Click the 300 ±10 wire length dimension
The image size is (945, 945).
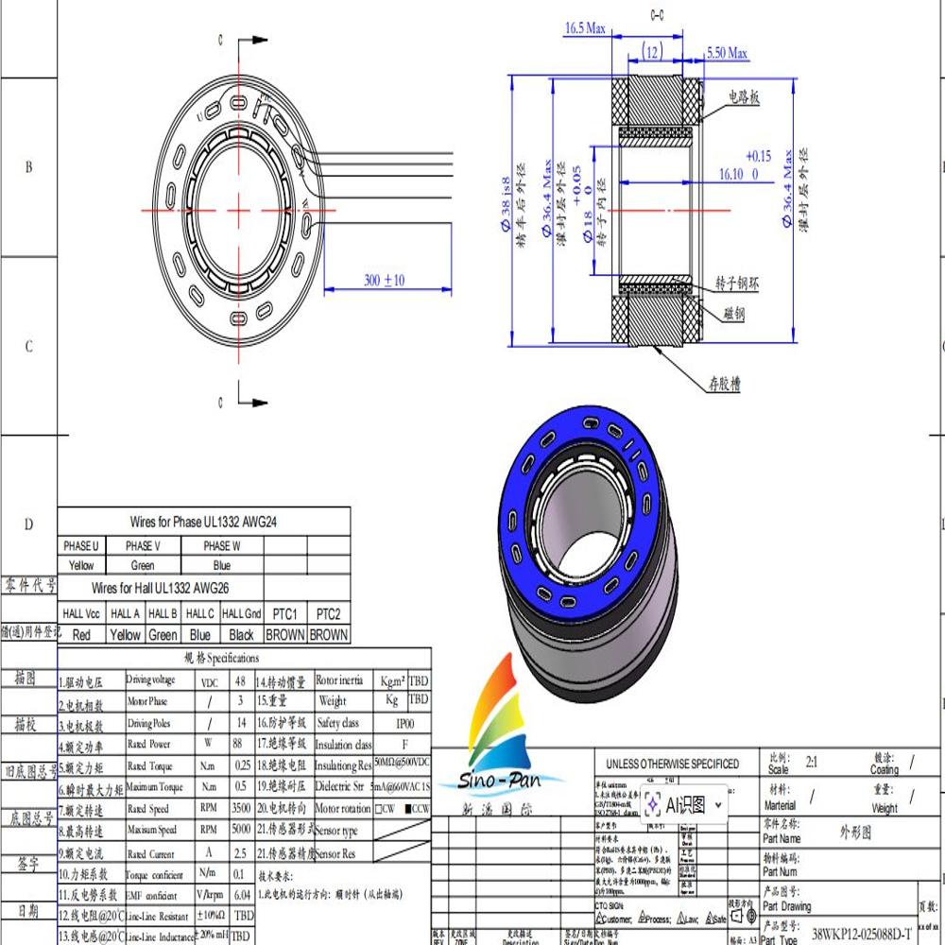click(383, 281)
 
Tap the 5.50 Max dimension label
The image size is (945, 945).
click(727, 54)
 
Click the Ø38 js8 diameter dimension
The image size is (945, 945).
click(518, 211)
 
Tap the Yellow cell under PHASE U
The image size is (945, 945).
click(81, 565)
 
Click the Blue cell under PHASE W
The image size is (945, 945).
click(221, 565)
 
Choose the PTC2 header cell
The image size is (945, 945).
click(328, 613)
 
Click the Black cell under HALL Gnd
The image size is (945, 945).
click(241, 635)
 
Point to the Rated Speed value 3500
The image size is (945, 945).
click(240, 809)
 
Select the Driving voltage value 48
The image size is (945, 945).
click(240, 680)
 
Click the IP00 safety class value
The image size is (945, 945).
click(404, 723)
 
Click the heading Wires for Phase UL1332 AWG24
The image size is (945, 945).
click(203, 521)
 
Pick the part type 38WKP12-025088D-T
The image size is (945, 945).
click(862, 933)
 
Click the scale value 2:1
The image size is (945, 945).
click(812, 761)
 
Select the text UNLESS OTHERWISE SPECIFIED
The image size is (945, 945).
click(673, 764)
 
